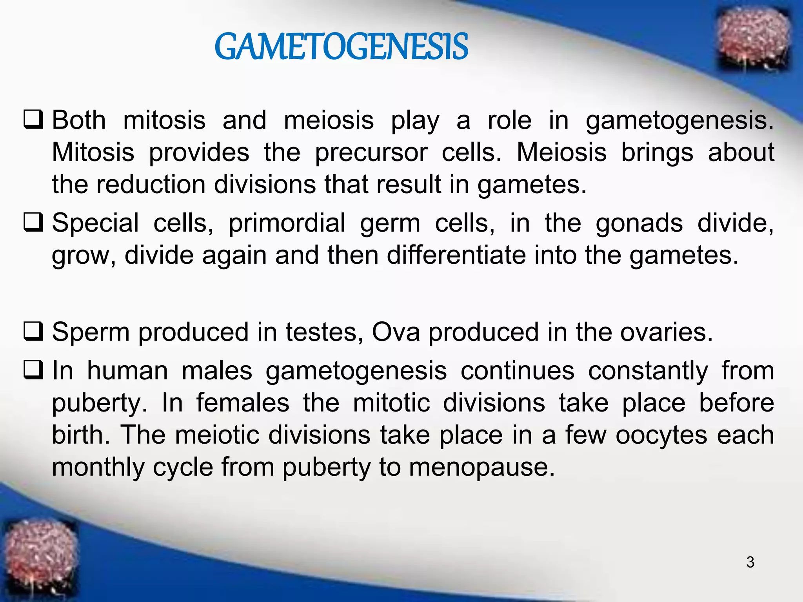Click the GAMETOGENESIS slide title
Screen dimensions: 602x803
(x=341, y=47)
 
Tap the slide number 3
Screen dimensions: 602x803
(x=750, y=562)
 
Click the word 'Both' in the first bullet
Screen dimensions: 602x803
(x=79, y=120)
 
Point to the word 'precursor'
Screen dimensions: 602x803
(x=371, y=152)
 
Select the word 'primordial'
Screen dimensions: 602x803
(x=287, y=223)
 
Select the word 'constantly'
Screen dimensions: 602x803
(x=648, y=371)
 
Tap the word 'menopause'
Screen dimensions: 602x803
(x=482, y=468)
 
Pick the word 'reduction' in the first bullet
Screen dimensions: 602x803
(x=151, y=184)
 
